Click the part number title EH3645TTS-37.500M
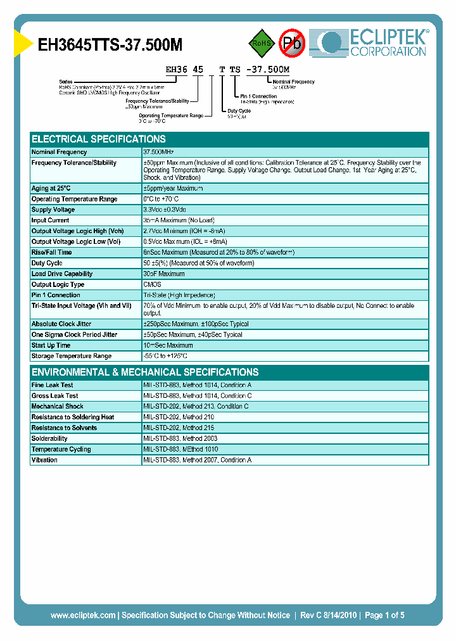[x=110, y=44]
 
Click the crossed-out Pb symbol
[x=292, y=43]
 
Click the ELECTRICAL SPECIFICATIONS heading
[x=99, y=139]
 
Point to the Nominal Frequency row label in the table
[x=60, y=152]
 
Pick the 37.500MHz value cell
[x=158, y=152]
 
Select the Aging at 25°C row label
[x=51, y=188]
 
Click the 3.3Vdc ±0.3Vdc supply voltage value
[x=165, y=210]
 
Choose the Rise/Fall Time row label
[x=52, y=252]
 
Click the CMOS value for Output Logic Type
[x=153, y=284]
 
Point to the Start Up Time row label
[x=51, y=345]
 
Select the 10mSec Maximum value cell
[x=168, y=345]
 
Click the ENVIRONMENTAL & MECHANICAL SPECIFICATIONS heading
[x=145, y=372]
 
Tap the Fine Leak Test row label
[x=53, y=385]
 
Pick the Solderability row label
[x=50, y=438]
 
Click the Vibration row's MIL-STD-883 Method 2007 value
[x=197, y=460]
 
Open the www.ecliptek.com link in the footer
[x=83, y=615]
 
